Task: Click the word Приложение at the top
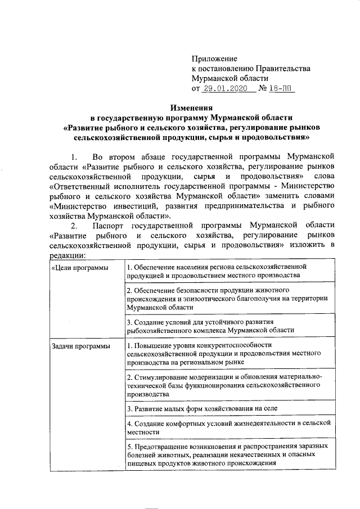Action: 214,58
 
